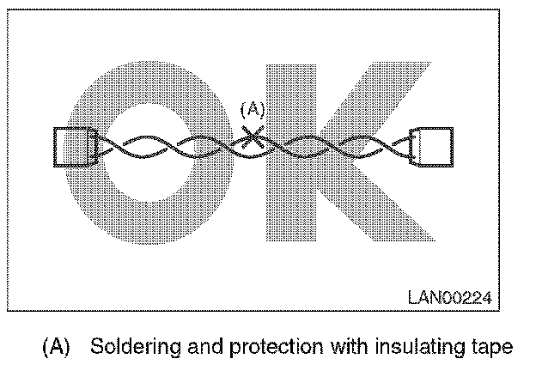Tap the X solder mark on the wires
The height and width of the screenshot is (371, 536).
tap(252, 137)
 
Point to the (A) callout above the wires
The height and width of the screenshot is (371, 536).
tap(252, 109)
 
